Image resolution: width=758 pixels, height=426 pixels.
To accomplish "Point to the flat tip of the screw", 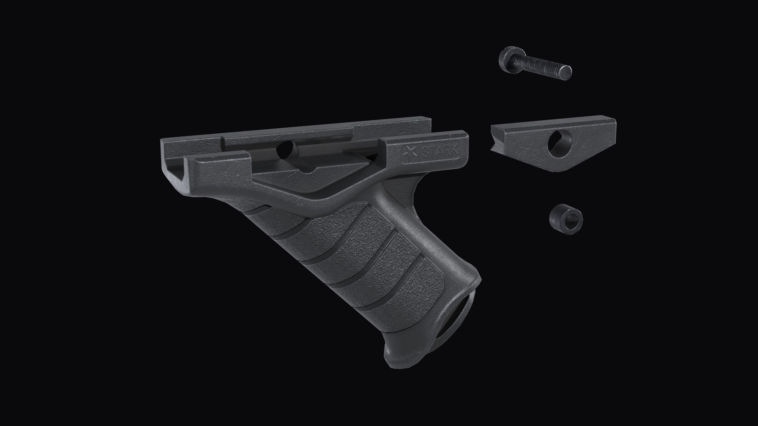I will point(566,72).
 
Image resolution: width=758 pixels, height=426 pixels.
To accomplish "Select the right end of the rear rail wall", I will point(428,123).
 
